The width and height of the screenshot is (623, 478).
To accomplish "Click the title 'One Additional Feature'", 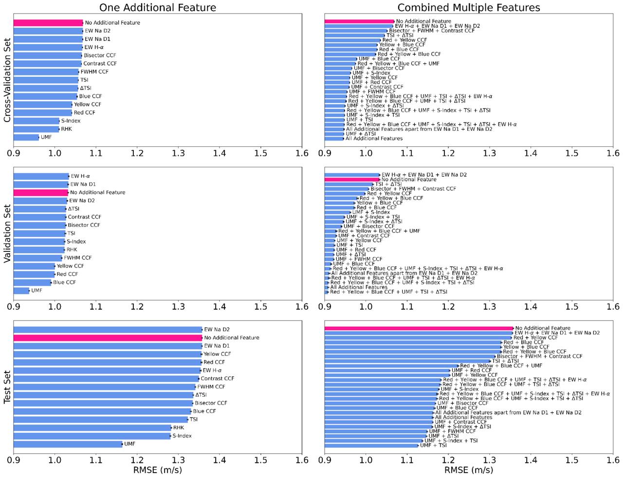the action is click(158, 7).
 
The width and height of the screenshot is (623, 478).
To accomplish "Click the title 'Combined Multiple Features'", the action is click(469, 7).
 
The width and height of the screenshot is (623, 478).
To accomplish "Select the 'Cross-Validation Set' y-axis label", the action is click(7, 80).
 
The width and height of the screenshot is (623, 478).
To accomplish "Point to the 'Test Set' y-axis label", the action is click(7, 387).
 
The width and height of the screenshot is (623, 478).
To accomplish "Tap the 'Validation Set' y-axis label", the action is click(7, 233).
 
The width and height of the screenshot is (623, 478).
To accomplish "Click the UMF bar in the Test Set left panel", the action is click(68, 444).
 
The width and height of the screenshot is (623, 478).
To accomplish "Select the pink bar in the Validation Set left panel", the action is click(41, 193).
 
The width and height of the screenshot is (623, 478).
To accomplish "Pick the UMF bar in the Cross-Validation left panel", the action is click(26, 138).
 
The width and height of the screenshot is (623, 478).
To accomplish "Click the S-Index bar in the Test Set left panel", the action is click(92, 436).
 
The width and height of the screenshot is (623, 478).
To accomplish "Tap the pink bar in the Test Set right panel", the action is click(419, 328).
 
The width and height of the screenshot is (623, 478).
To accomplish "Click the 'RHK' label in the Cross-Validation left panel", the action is click(67, 129).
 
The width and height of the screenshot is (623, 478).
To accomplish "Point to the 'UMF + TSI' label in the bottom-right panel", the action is click(433, 445).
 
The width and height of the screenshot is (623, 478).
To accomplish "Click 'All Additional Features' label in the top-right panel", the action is click(374, 139).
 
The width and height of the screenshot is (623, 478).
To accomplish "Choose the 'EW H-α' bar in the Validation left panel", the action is click(41, 176).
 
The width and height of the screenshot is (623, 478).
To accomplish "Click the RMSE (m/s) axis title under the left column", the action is click(158, 470).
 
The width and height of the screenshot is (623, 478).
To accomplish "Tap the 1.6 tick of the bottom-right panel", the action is click(613, 460).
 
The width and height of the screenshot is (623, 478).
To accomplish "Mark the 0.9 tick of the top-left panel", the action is click(14, 153).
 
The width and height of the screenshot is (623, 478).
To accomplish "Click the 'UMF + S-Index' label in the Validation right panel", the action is click(371, 212).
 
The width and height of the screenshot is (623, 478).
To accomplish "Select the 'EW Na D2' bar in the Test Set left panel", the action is click(108, 330).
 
